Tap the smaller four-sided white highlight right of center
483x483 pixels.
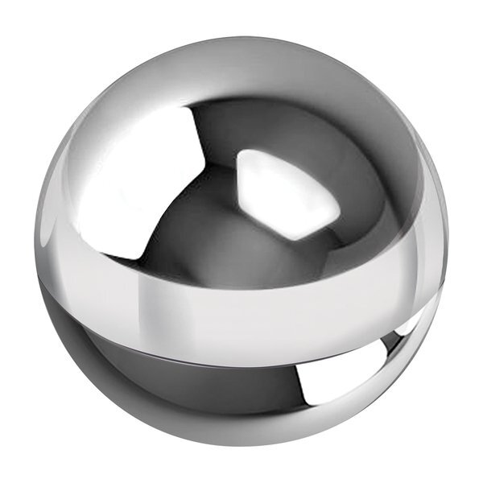(x=286, y=193)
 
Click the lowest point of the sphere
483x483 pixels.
(x=242, y=445)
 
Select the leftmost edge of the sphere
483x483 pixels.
(x=35, y=242)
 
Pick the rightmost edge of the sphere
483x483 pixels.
(x=448, y=242)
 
